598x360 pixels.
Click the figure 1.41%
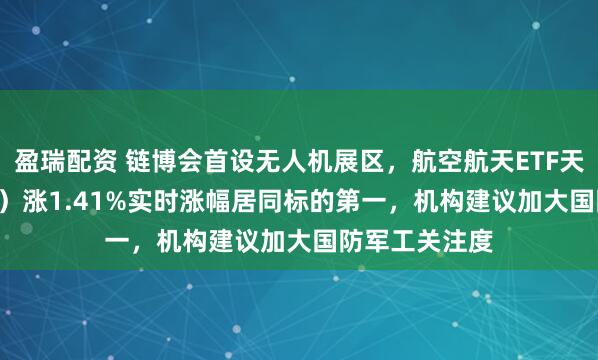pyautogui.click(x=73, y=202)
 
